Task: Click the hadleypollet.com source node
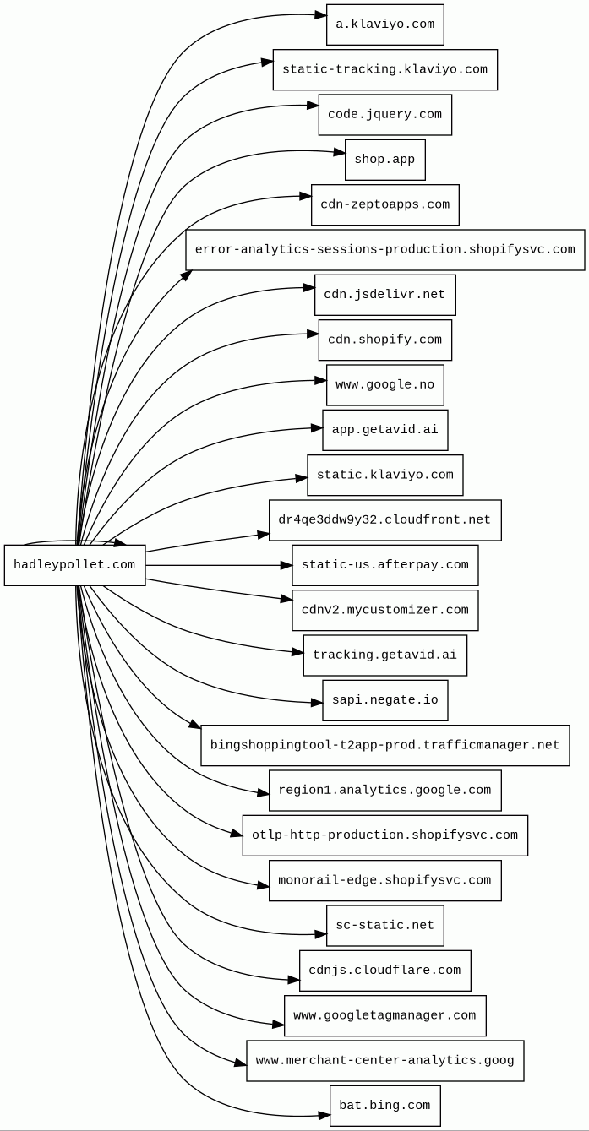74,565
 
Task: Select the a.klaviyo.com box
384,24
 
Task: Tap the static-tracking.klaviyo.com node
384,70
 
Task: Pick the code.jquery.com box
384,115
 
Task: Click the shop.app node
384,160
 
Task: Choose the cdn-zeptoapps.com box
384,205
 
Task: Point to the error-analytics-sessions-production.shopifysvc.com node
384,250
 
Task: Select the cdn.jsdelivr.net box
384,295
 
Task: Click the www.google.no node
384,385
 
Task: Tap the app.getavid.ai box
384,430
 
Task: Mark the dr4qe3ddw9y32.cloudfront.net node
384,520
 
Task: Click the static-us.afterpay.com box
384,565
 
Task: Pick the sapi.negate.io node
384,700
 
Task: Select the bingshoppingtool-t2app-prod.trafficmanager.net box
384,746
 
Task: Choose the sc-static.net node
384,926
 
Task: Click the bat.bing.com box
384,1106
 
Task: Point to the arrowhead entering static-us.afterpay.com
286,565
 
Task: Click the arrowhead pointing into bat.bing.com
324,1115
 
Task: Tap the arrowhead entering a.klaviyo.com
321,15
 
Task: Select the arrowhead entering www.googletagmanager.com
279,1025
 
